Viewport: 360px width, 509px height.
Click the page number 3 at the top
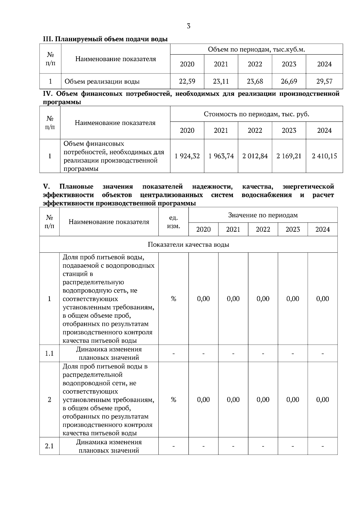pyautogui.click(x=188, y=26)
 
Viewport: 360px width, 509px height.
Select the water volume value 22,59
pyautogui.click(x=187, y=81)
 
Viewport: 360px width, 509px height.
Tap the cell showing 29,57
pyautogui.click(x=324, y=81)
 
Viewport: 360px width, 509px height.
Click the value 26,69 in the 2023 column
pyautogui.click(x=289, y=81)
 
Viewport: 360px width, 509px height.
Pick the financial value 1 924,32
pyautogui.click(x=187, y=156)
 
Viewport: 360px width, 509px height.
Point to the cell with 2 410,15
pyautogui.click(x=324, y=156)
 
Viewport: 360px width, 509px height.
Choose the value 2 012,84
pyautogui.click(x=255, y=156)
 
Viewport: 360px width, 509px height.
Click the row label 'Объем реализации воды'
pyautogui.click(x=102, y=82)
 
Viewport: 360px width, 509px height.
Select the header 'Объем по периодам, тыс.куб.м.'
pyautogui.click(x=256, y=49)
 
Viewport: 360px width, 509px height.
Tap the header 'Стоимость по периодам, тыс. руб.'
pyautogui.click(x=256, y=114)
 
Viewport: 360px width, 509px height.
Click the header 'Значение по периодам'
pyautogui.click(x=263, y=215)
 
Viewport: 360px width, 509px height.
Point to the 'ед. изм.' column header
pyautogui.click(x=173, y=222)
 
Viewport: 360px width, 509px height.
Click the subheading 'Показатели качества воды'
pyautogui.click(x=188, y=245)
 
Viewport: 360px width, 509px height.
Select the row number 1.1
pyautogui.click(x=49, y=353)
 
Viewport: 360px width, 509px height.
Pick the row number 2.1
pyautogui.click(x=49, y=446)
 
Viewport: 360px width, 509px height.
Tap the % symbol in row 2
pyautogui.click(x=173, y=400)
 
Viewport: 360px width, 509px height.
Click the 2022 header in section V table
pyautogui.click(x=263, y=229)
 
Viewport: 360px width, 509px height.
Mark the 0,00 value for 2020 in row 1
pyautogui.click(x=203, y=299)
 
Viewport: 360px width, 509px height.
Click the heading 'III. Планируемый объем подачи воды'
pyautogui.click(x=105, y=39)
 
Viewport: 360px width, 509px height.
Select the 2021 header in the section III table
pyautogui.click(x=221, y=64)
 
